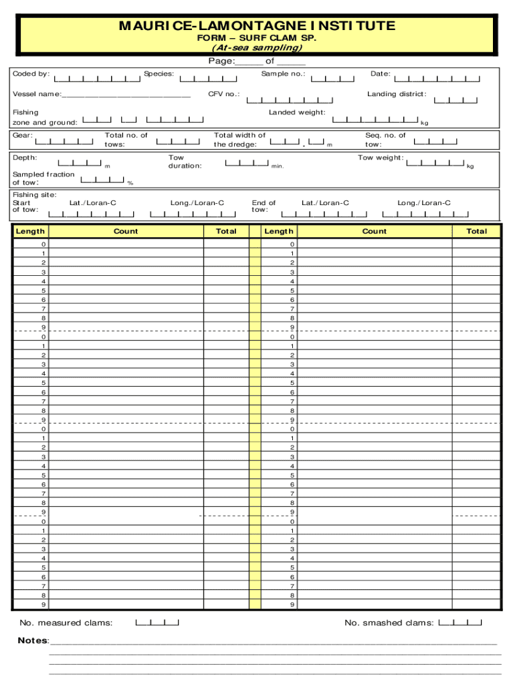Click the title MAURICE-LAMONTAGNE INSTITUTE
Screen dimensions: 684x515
coord(257,26)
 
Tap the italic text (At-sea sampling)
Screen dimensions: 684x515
coord(257,48)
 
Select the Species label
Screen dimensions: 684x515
coord(159,73)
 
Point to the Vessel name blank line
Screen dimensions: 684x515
coord(126,96)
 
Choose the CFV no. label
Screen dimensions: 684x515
coord(223,94)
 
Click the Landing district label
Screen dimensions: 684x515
coord(397,94)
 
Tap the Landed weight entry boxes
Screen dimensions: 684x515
coord(375,120)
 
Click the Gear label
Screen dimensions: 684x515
coord(21,136)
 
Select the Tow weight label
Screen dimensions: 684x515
coord(381,158)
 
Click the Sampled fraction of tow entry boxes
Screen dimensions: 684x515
coord(102,179)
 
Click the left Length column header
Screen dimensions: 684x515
coord(30,231)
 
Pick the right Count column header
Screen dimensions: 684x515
coord(374,231)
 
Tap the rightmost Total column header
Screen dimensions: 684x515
coord(476,231)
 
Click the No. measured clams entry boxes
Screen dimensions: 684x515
coord(157,623)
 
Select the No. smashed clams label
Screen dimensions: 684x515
coord(389,623)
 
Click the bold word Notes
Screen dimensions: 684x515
coord(33,641)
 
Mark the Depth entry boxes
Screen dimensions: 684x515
coord(80,163)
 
